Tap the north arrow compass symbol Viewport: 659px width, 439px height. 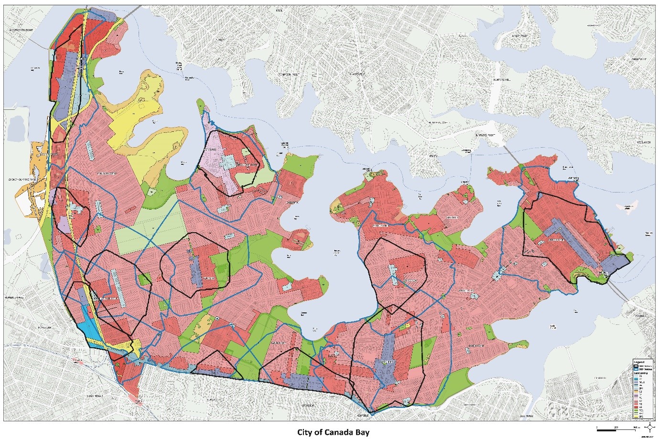[x=650, y=427]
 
